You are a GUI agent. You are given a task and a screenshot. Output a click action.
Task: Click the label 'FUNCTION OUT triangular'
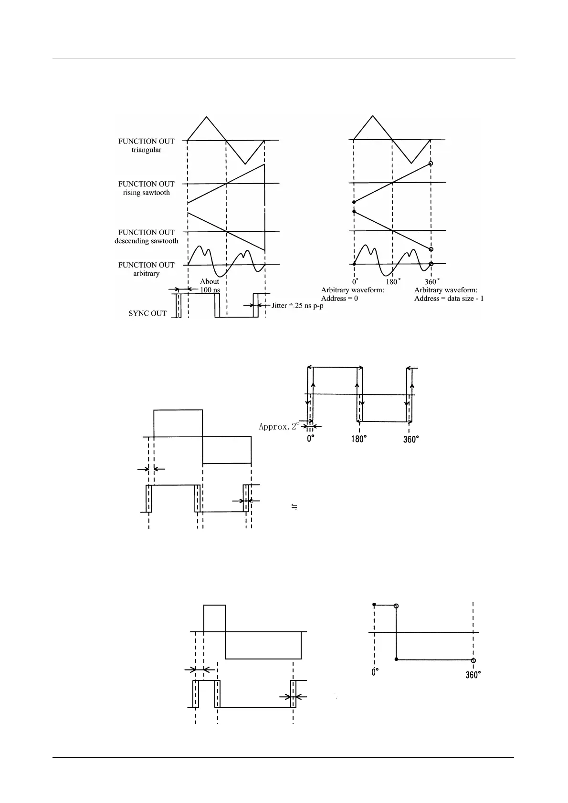point(146,145)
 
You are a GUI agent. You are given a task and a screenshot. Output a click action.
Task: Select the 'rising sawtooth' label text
point(146,193)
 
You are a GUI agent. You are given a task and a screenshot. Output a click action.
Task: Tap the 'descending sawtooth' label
point(146,241)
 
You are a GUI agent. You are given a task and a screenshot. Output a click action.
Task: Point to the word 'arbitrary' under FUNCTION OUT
point(146,274)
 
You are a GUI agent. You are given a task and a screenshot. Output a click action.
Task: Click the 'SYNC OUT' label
point(147,313)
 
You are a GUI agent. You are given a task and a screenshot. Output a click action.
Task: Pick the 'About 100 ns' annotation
point(210,286)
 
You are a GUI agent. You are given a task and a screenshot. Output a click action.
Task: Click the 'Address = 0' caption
point(339,299)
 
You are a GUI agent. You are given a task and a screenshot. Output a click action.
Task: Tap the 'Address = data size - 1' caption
point(449,299)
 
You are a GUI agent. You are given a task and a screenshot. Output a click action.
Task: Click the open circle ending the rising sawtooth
point(431,164)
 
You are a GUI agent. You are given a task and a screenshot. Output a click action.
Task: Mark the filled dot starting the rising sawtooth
point(354,202)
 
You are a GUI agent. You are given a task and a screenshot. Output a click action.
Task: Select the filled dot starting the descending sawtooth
point(354,211)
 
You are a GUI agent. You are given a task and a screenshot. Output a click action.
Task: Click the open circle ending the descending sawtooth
point(431,249)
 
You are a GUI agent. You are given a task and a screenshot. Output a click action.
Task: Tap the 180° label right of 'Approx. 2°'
point(358,439)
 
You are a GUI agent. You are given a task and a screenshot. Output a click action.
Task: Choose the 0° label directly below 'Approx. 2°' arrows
point(311,439)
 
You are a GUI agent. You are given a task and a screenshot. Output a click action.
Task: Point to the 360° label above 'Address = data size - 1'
point(432,282)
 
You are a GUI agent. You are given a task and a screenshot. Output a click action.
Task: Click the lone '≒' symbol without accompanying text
point(295,507)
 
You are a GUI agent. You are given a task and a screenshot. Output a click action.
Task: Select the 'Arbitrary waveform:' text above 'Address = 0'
point(352,290)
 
